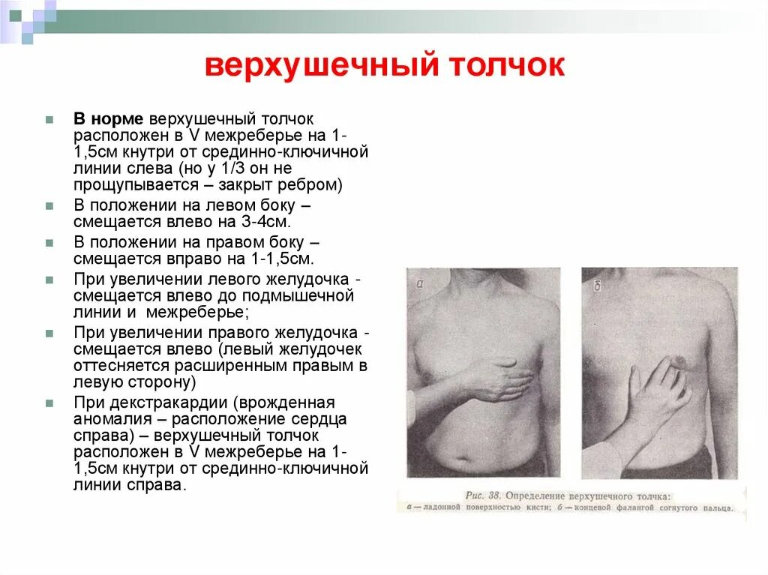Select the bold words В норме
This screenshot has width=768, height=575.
[x=108, y=119]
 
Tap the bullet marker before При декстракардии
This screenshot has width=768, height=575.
[x=49, y=403]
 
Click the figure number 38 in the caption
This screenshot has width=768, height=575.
[x=493, y=496]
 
